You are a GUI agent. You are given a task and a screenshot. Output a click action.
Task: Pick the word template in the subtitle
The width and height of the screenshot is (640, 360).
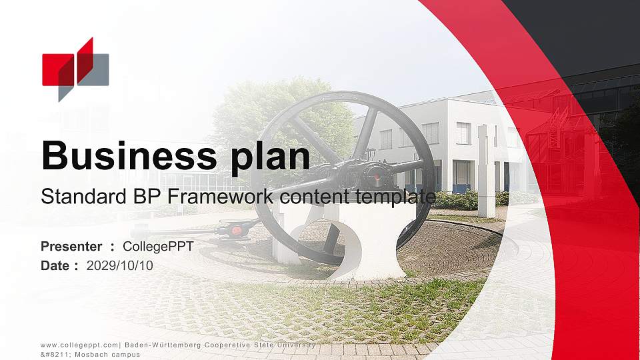393,197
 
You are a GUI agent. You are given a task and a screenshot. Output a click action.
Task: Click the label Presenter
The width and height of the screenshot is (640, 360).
71,247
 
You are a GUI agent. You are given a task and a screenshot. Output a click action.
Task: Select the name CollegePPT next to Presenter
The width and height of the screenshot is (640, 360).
158,247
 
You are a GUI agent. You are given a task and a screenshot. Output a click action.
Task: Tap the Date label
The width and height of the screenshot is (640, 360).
55,265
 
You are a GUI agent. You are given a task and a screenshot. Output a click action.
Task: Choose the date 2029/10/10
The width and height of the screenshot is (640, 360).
120,265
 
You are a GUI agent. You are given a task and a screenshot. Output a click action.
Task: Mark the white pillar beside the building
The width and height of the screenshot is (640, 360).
485,170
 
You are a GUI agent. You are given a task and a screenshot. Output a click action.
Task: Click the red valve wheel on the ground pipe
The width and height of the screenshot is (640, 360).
235,229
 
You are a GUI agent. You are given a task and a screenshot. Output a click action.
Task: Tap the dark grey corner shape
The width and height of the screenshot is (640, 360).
587,33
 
